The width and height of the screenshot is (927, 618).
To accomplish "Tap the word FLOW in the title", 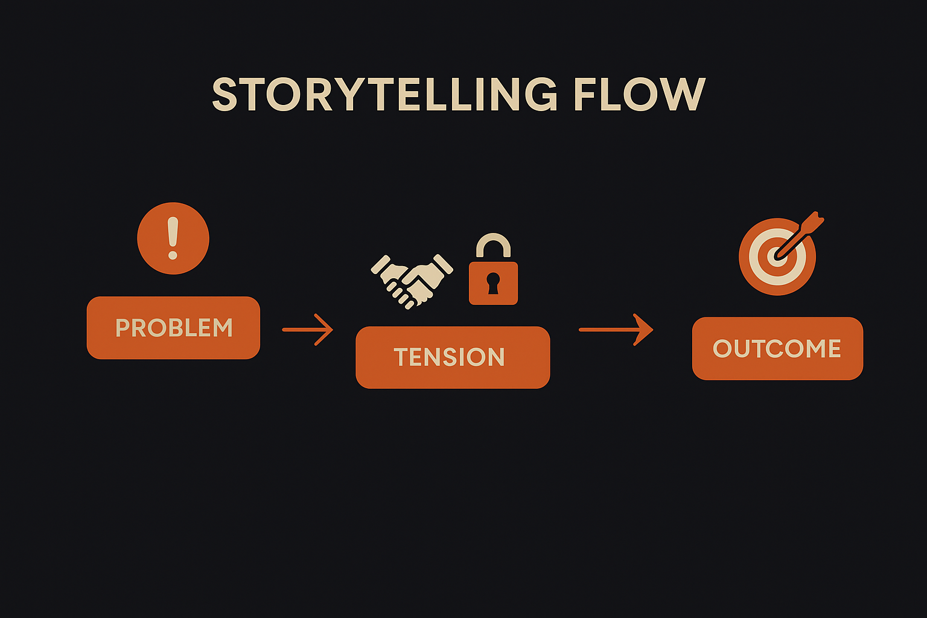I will point(639,95).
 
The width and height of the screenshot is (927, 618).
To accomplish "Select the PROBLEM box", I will point(173,328).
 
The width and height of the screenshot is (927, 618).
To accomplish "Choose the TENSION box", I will point(453,357).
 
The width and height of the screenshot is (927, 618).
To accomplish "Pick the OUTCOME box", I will point(777,348).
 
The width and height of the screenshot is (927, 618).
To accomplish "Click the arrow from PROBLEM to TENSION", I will point(308,330).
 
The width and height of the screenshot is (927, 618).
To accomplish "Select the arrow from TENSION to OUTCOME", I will point(616,330).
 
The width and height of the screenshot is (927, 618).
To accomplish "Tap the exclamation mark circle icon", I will point(173,238).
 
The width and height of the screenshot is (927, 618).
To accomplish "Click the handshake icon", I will point(412,279).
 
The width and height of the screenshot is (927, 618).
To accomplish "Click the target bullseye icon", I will point(777,256).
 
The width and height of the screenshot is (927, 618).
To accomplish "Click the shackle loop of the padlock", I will point(493,244).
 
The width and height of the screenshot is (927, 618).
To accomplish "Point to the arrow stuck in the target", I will point(800,235).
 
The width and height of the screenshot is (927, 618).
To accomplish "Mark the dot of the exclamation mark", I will point(173,255).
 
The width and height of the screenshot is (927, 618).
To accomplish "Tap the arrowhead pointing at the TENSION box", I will point(326,330).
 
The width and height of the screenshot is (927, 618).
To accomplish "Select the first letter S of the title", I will point(225,95).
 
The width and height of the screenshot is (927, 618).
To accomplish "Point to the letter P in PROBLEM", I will point(122,328).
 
